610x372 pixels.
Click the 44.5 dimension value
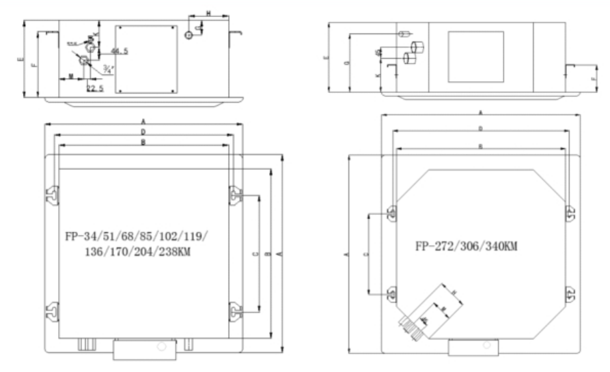click(119, 51)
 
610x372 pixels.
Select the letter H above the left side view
click(208, 13)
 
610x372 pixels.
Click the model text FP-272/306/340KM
click(466, 245)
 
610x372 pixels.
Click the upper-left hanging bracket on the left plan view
click(51, 195)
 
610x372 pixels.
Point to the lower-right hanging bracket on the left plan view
click(234, 311)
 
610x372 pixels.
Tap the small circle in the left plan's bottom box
click(162, 346)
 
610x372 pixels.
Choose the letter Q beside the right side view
click(348, 63)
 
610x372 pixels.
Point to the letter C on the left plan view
click(254, 254)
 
